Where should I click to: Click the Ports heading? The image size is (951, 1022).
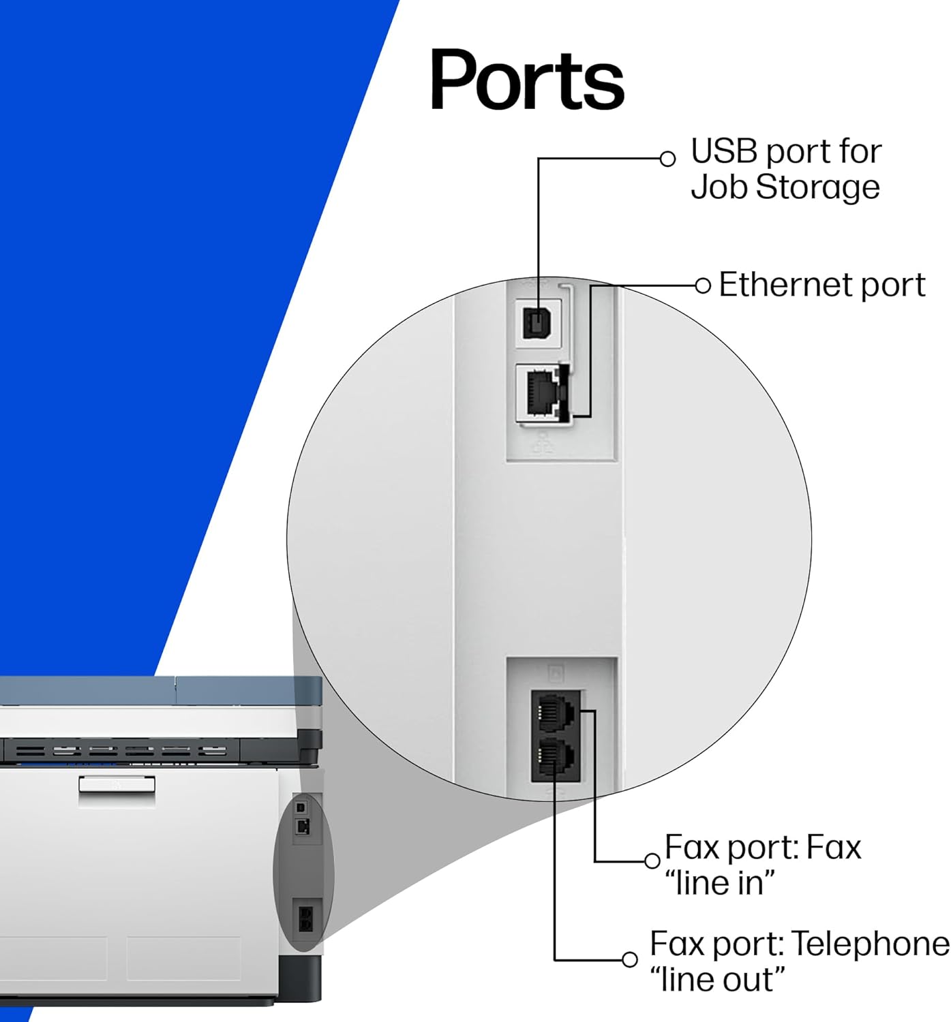(x=526, y=80)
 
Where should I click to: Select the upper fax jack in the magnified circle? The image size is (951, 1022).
(x=554, y=711)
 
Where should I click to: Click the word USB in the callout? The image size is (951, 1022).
(x=723, y=151)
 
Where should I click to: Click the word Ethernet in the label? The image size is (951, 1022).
(x=785, y=285)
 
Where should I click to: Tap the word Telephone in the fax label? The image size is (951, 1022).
(x=870, y=944)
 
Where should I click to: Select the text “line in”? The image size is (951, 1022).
(x=720, y=884)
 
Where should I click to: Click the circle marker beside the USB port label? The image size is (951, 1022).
(x=668, y=159)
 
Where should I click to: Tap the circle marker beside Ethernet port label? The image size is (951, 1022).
(x=703, y=285)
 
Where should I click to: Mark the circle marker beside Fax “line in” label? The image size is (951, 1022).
(x=652, y=861)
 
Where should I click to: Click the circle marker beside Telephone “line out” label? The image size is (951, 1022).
(x=630, y=959)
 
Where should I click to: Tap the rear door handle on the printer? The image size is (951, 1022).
(x=117, y=784)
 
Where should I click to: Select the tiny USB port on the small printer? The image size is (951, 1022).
(x=302, y=809)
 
